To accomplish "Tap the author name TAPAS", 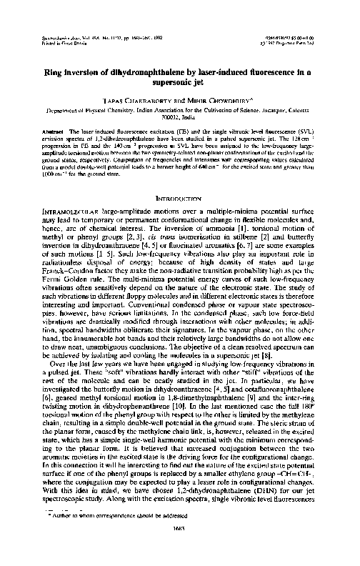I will tap(117, 101).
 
